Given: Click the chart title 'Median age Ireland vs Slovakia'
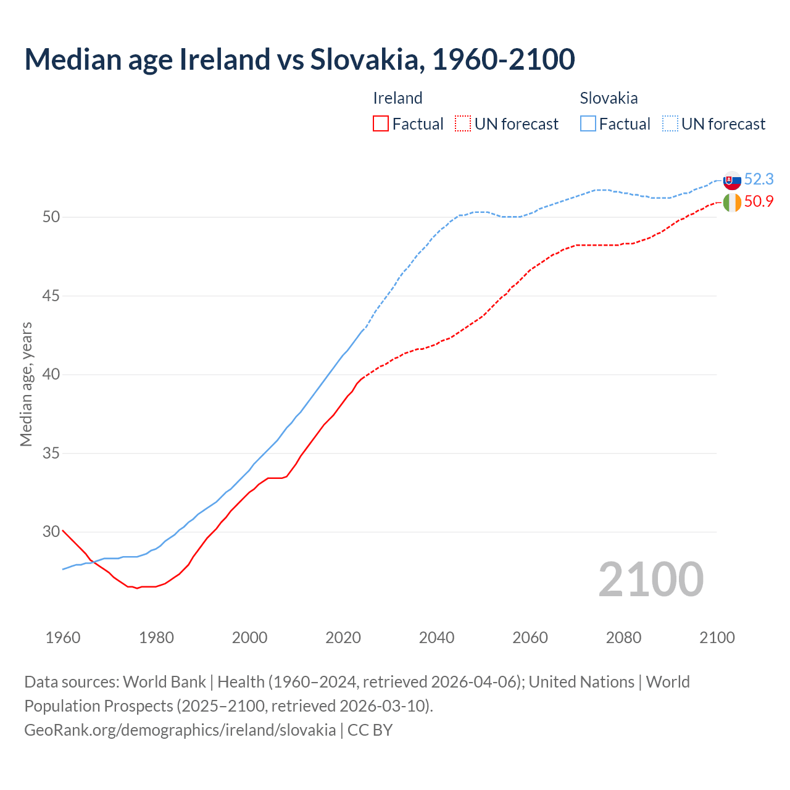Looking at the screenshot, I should point(299,59).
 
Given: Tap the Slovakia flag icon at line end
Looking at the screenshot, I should point(732,180).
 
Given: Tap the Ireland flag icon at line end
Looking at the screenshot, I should point(732,202).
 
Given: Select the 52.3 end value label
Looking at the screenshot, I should point(759,179).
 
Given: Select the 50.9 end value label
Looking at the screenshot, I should point(759,201).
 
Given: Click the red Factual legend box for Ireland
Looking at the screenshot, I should point(381,124).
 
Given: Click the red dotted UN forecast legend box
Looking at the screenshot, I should point(463,124).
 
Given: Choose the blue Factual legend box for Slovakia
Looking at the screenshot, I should point(588,124).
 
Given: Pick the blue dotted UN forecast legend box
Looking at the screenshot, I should point(670,124).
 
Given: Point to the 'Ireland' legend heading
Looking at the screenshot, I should point(397,98).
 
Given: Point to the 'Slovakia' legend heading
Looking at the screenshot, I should point(609,98).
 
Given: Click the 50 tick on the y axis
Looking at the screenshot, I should point(51,217).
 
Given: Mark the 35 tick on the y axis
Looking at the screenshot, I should point(51,453).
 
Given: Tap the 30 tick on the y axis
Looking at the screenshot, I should point(51,531).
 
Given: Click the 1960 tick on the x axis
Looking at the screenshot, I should point(63,638).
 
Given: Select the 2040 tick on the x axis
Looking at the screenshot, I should point(436,638).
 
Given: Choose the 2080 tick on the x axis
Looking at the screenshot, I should point(623,638).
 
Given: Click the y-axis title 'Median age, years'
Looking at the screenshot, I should point(26,384).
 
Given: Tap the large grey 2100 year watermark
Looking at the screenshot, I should point(651,580).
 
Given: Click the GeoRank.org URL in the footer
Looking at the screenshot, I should point(180,730).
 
